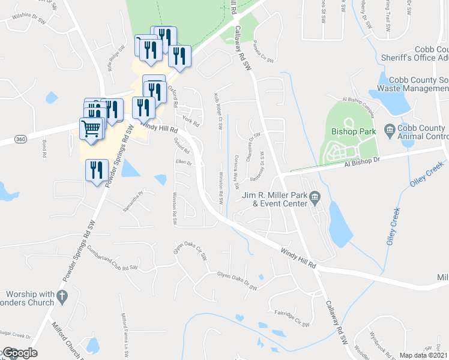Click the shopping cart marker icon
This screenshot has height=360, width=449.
91,128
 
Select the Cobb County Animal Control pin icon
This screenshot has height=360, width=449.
390,128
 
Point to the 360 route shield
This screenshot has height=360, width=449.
20,139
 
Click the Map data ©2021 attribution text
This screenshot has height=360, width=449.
423,355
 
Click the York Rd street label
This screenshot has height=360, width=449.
191,121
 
